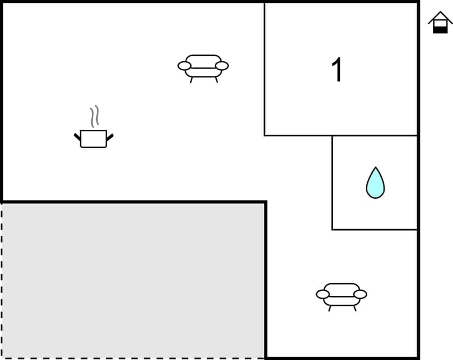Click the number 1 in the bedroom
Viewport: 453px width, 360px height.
[337, 71]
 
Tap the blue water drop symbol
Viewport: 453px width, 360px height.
[375, 183]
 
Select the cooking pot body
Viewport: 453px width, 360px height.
[93, 139]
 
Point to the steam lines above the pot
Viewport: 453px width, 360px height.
[94, 116]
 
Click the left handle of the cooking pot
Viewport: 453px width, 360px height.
[77, 136]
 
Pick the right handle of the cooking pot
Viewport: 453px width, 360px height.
[109, 136]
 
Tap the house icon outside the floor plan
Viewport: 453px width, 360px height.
[440, 23]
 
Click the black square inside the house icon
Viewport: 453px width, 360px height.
[440, 29]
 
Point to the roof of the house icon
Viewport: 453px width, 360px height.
[440, 15]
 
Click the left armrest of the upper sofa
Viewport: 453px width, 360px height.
[184, 66]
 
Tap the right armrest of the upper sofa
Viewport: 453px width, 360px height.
[222, 66]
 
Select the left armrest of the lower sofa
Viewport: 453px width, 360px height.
[323, 294]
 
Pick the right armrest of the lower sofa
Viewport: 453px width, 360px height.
[360, 294]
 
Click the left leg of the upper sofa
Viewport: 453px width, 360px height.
[192, 80]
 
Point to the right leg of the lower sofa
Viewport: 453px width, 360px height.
[354, 308]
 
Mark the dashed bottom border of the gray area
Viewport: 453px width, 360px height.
[133, 358]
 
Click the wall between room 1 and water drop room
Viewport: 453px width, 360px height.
[375, 135]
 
